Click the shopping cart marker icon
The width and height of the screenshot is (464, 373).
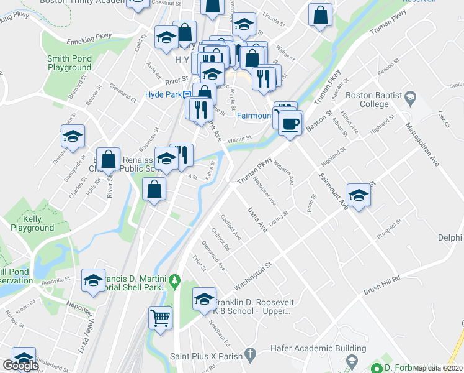(x=160, y=318)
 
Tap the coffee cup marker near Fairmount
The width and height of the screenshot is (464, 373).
(x=289, y=124)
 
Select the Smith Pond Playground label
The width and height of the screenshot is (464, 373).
(x=69, y=63)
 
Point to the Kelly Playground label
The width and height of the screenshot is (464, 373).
(x=32, y=224)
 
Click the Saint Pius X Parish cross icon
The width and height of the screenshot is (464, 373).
(x=249, y=356)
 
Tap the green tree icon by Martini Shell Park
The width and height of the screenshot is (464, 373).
(x=174, y=282)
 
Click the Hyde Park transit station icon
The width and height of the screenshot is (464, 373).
(x=187, y=94)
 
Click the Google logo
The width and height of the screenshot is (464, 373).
(x=20, y=366)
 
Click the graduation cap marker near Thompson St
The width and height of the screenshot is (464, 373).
(x=72, y=137)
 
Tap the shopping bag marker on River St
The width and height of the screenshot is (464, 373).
(x=108, y=159)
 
